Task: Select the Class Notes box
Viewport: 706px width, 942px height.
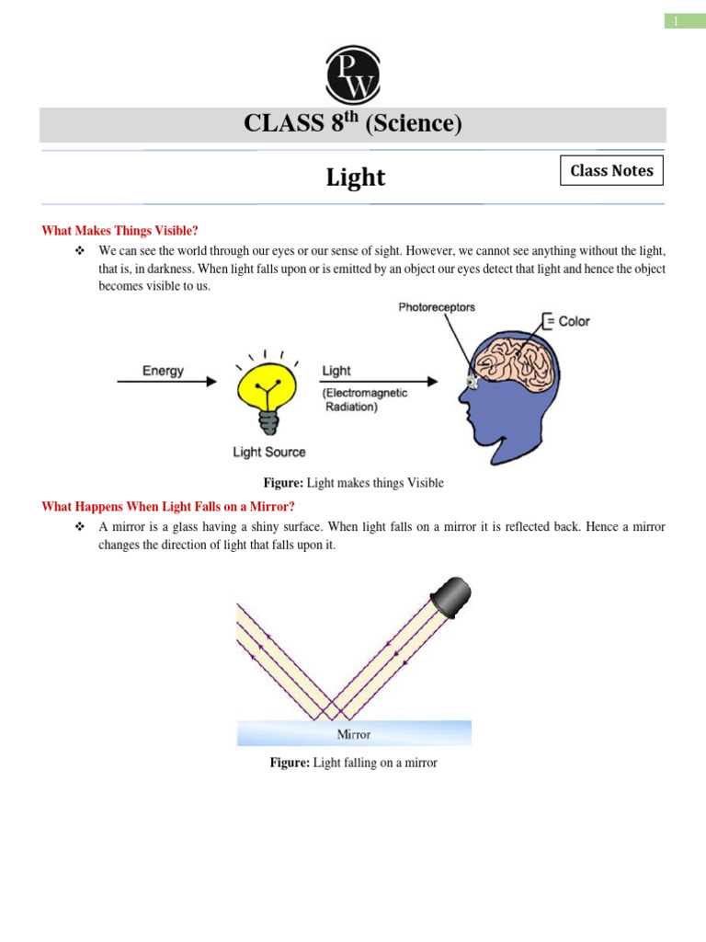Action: tap(611, 171)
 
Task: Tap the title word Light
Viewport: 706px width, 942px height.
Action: tap(356, 178)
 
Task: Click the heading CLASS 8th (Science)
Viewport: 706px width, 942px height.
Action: tap(352, 124)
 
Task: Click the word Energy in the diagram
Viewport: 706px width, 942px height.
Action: tap(163, 372)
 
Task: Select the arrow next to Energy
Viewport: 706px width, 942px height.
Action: tap(165, 381)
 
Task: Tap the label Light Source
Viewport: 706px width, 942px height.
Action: tap(268, 452)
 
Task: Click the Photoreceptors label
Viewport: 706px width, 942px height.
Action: tap(437, 307)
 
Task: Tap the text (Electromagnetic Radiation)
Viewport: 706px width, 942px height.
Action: tap(364, 400)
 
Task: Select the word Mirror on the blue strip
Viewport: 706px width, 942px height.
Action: tap(353, 734)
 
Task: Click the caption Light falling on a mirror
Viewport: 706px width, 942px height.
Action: tap(353, 763)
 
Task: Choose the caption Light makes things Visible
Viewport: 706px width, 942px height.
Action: tap(353, 483)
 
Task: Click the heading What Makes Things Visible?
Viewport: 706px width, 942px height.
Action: tap(120, 230)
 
